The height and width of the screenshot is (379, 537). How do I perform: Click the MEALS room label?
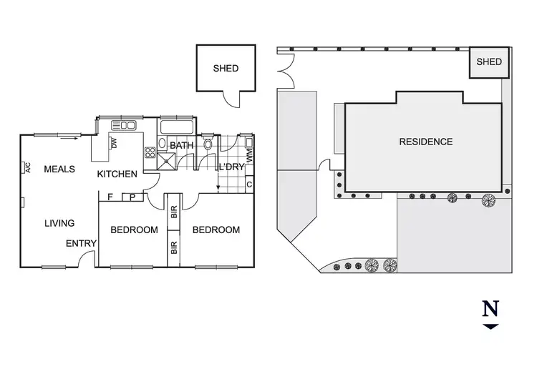point(59,169)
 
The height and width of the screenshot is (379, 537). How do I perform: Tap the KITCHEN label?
point(117,174)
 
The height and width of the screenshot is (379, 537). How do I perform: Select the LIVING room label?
point(59,223)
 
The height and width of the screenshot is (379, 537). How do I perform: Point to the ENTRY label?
point(81,244)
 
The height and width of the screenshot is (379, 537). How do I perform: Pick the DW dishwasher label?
point(114,144)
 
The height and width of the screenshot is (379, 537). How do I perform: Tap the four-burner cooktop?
point(150,152)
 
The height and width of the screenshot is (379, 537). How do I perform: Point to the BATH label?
point(182,146)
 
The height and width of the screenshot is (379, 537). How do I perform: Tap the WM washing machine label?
point(248,153)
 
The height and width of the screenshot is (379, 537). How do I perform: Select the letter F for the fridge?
point(110,197)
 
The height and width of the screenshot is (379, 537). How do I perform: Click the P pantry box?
point(134,197)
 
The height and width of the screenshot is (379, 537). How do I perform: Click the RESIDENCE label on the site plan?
point(425,142)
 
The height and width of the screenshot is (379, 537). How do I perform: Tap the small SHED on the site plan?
point(489,62)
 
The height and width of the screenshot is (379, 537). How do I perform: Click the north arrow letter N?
point(490,309)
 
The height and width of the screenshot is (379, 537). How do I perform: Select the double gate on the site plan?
point(286,72)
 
